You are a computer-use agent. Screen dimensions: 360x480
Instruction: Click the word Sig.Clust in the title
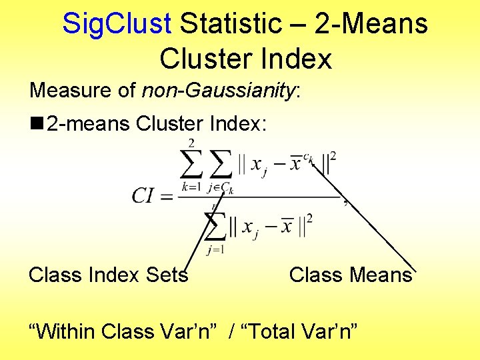click(117, 24)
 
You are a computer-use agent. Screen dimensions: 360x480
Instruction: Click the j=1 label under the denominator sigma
click(215, 250)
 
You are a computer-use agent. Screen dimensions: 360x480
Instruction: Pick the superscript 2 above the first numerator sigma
click(191, 143)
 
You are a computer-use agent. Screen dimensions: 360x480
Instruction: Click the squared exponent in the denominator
click(309, 218)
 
